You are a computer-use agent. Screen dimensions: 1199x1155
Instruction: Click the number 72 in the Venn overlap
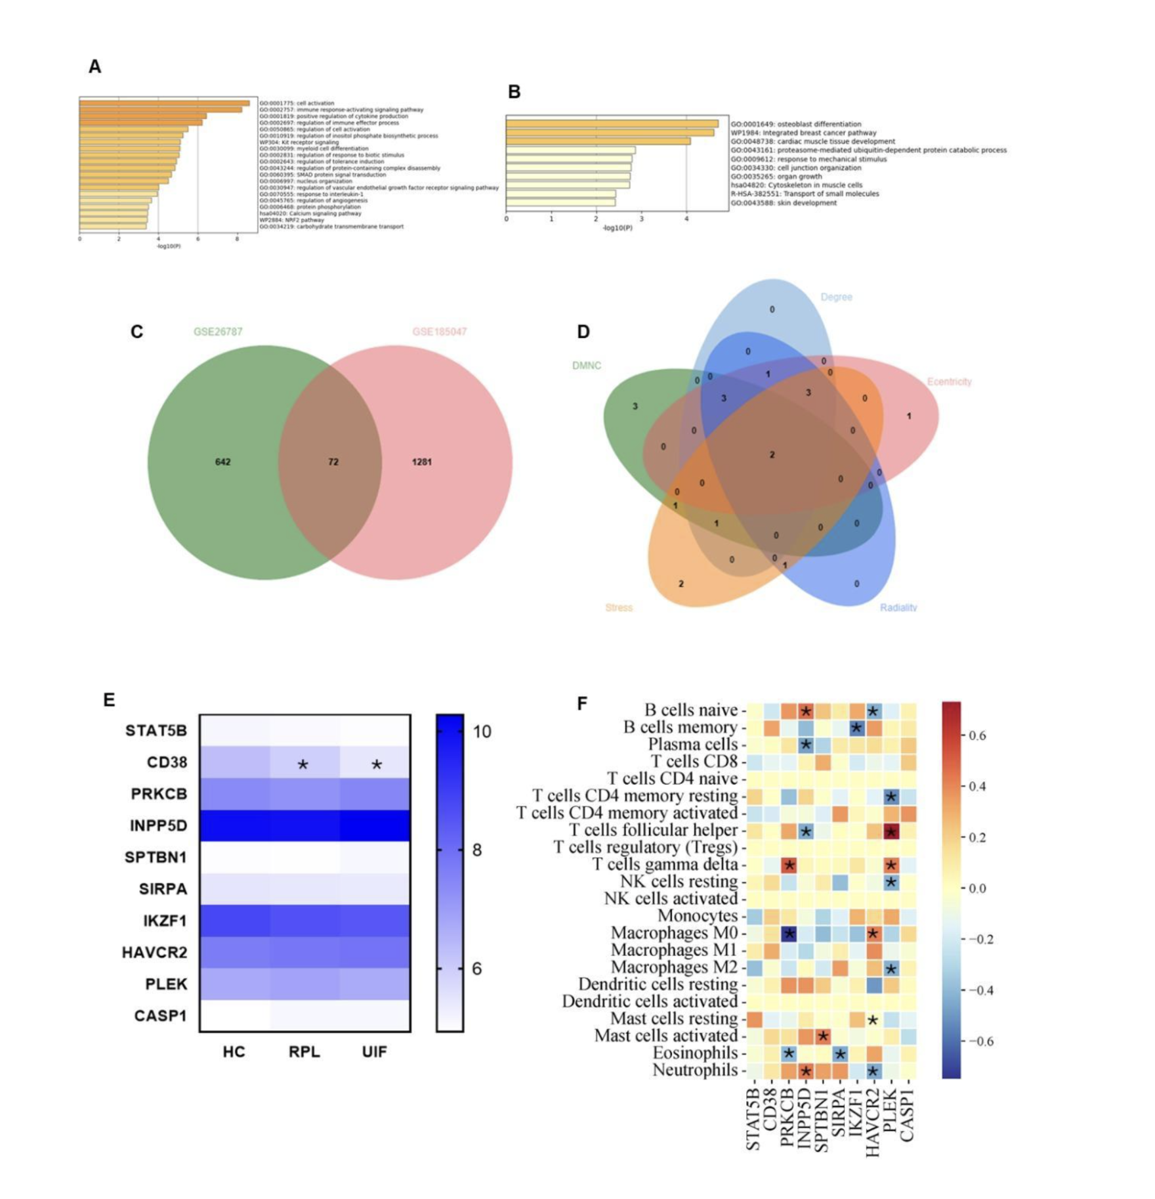(333, 462)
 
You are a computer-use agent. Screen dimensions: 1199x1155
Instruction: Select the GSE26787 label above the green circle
(218, 332)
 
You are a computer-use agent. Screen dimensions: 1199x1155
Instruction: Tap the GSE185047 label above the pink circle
(439, 332)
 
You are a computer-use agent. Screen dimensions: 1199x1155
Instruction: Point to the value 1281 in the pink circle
(421, 462)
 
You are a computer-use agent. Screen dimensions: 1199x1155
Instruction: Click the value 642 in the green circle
(222, 462)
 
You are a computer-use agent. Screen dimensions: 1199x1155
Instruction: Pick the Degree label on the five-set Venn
(836, 297)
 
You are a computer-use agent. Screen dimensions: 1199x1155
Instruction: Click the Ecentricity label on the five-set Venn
(949, 381)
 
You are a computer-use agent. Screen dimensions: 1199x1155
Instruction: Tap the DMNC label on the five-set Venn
(586, 366)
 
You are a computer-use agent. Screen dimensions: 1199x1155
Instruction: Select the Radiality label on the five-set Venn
(898, 607)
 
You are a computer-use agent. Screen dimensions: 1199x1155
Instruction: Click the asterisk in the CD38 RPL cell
(303, 764)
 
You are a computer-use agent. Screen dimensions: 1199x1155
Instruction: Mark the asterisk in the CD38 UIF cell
(376, 764)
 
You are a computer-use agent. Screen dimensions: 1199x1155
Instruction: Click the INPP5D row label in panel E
(158, 825)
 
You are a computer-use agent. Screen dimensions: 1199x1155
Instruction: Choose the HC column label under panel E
(234, 1052)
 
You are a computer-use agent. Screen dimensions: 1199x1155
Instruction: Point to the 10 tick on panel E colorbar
(482, 731)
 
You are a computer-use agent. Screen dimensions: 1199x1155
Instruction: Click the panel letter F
(582, 704)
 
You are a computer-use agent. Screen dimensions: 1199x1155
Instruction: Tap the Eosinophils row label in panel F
(694, 1053)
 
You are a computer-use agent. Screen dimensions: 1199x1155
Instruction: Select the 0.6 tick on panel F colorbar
(977, 735)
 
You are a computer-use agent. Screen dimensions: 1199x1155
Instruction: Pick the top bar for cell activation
(164, 103)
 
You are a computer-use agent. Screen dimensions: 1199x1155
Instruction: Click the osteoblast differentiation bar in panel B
(612, 123)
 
